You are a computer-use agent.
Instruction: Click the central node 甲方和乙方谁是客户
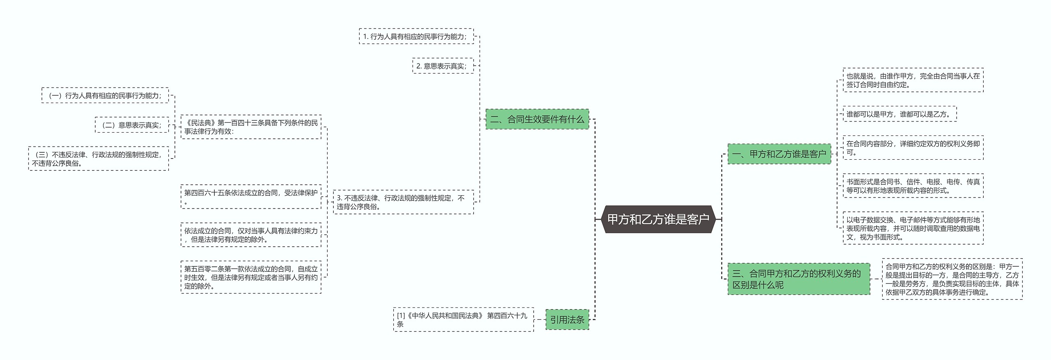(658, 219)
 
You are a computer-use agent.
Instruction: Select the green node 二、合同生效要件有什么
(537, 119)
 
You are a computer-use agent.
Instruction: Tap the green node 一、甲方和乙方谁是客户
(779, 154)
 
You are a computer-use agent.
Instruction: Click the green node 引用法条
(567, 319)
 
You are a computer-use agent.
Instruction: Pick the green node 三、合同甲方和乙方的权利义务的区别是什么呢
(798, 279)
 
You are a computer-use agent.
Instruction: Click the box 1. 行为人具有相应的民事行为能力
(416, 37)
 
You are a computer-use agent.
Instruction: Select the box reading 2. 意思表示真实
(443, 66)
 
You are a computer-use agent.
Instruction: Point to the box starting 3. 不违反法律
(403, 202)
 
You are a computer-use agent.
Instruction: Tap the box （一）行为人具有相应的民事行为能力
(105, 95)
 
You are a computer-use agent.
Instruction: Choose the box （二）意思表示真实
(132, 125)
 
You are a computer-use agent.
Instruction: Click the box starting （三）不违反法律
(99, 158)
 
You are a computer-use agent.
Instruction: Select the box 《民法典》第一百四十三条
(251, 127)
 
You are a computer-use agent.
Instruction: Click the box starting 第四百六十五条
(251, 197)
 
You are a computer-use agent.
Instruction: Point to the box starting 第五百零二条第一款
(251, 277)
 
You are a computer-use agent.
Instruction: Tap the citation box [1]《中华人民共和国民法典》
(463, 319)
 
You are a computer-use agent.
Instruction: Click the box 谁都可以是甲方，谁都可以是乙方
(900, 114)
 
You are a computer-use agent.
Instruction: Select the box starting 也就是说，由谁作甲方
(913, 80)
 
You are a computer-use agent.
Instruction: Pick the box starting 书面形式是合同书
(913, 186)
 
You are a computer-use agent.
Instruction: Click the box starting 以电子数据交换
(913, 228)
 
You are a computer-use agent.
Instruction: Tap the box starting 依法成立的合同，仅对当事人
(251, 235)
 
